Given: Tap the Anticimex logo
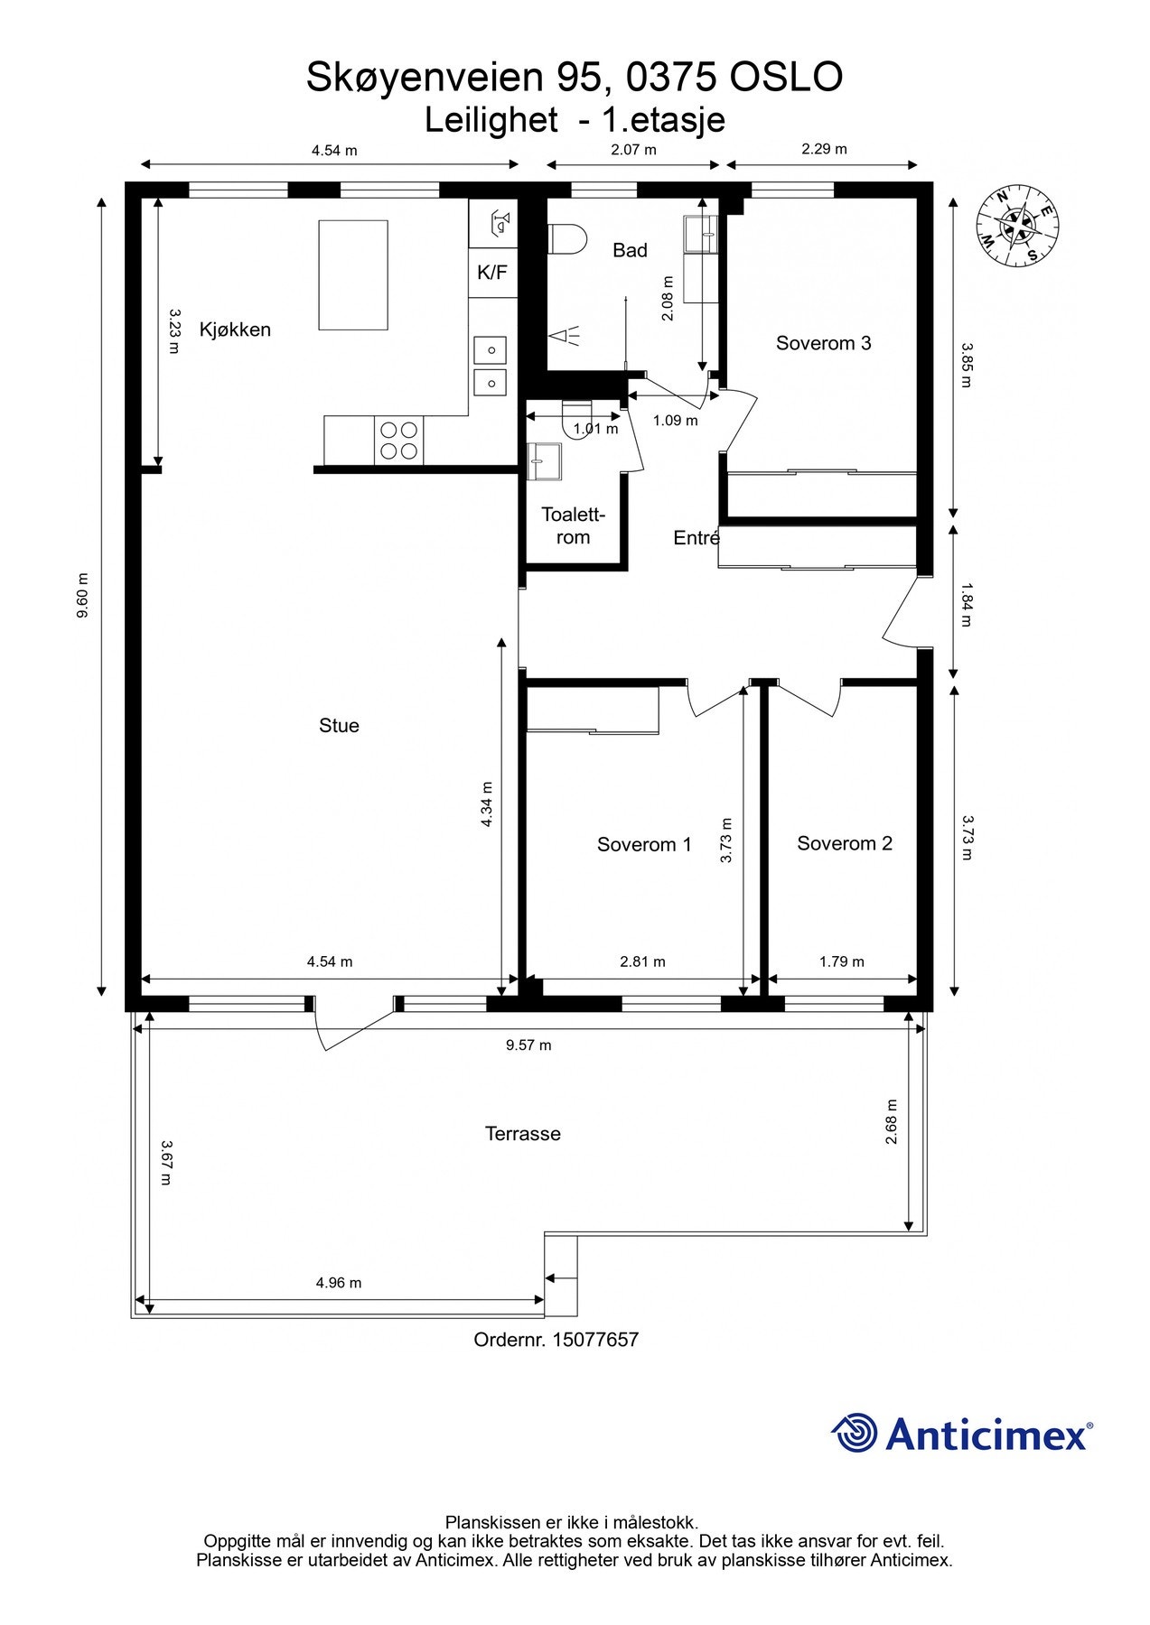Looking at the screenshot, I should click(961, 1434).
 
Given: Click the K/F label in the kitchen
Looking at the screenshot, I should click(492, 272).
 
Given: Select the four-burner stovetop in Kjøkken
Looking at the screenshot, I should click(398, 441).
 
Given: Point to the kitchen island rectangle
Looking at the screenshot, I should click(353, 275).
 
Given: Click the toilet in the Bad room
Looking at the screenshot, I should click(566, 239).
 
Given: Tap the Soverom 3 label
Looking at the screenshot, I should click(823, 343).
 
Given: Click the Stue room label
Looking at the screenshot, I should click(339, 726).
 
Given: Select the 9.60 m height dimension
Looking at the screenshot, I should click(83, 595).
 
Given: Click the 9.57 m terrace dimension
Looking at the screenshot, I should click(528, 1045).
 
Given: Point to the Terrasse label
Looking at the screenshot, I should click(522, 1134).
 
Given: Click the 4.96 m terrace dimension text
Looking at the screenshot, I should click(338, 1283).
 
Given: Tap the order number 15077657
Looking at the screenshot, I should click(556, 1341).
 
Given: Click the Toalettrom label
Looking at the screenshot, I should click(573, 526).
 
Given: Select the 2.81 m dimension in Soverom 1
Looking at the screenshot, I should click(642, 961).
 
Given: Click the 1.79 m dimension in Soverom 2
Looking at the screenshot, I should click(841, 961).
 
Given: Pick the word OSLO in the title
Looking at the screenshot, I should click(786, 78).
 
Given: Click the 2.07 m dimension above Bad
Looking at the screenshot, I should click(633, 150).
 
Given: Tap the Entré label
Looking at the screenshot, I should click(696, 539).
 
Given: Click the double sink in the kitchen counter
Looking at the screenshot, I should click(491, 366).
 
